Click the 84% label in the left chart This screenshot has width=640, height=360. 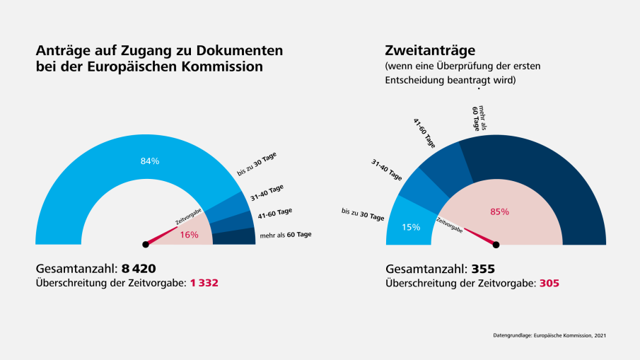coord(150,161)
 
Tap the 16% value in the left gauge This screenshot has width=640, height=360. coord(189,235)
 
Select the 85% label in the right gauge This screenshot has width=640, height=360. coord(499,211)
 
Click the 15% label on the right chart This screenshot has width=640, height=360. coord(411,227)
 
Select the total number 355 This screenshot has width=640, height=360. coord(482,269)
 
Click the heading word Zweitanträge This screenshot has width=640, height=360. coord(430,50)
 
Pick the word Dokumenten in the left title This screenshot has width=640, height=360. coord(240,50)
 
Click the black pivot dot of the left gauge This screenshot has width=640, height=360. coord(146,245)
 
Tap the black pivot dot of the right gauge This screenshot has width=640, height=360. coord(496,245)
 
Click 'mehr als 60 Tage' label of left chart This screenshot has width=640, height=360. coord(286,234)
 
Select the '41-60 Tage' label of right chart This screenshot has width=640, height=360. coord(424,132)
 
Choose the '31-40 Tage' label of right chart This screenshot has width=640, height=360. coord(386,170)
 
